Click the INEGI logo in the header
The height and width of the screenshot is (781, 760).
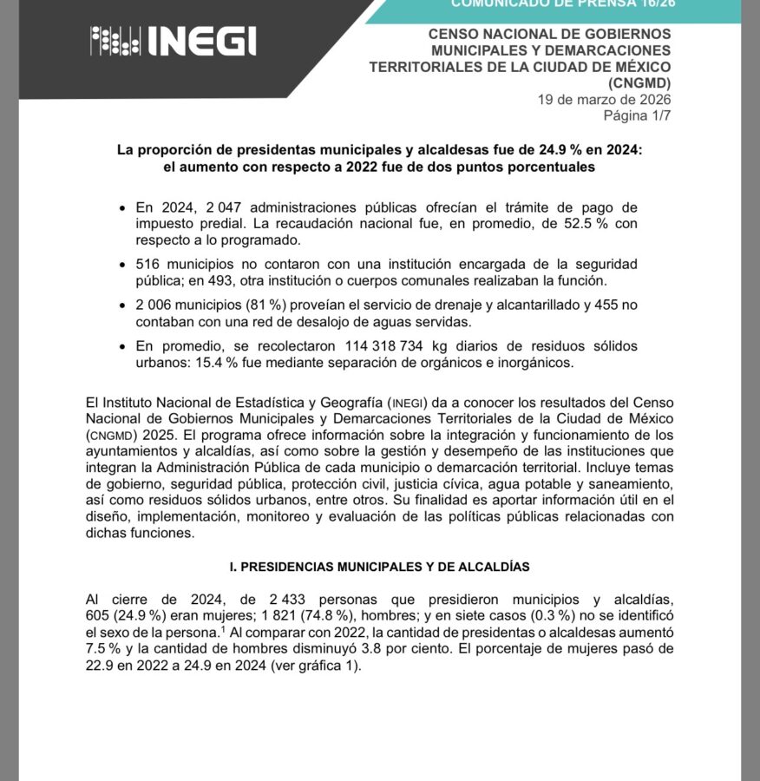click(x=174, y=41)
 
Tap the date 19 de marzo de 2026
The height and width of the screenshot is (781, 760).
click(x=604, y=99)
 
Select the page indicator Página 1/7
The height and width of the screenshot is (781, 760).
click(x=637, y=115)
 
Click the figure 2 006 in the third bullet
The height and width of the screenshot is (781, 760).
click(x=156, y=305)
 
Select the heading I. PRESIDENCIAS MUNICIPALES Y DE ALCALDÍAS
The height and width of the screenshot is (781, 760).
click(x=379, y=566)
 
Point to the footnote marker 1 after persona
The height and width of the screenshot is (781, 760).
click(x=223, y=629)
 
